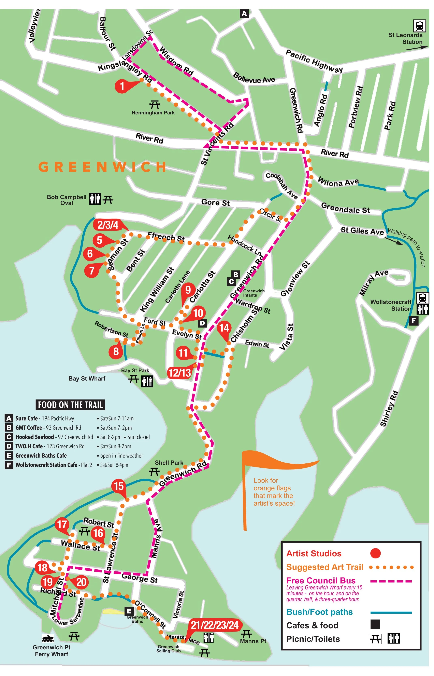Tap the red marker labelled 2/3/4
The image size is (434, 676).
click(108, 225)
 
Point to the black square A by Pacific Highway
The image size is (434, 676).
click(244, 14)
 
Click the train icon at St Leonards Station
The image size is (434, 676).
click(420, 26)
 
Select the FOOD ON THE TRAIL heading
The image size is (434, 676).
click(70, 405)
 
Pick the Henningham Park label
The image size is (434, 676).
click(153, 112)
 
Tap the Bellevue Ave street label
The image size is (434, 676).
click(254, 78)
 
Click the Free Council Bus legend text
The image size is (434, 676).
click(321, 581)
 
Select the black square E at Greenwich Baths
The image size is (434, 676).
click(129, 611)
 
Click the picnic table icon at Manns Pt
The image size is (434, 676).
click(246, 634)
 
